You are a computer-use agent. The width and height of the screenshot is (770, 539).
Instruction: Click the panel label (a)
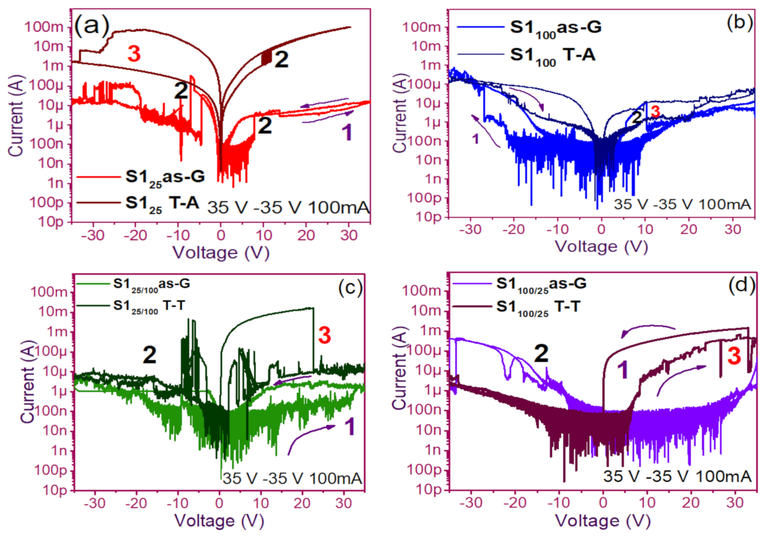pos(92,25)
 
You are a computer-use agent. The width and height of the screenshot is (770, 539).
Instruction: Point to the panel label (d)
pos(742,285)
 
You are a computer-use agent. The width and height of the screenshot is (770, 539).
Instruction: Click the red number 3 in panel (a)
pos(133,54)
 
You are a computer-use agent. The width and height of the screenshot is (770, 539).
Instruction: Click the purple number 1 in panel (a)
pos(347,132)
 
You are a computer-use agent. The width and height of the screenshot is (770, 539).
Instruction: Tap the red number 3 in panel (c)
pos(324,335)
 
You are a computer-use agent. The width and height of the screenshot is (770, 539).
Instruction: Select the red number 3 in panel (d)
pos(734,356)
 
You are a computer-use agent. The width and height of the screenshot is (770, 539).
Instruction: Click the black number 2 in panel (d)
pos(541,354)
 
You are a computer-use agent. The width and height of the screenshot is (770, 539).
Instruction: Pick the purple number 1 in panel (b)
pos(475,139)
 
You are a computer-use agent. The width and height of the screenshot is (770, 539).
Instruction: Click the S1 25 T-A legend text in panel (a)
pos(162,204)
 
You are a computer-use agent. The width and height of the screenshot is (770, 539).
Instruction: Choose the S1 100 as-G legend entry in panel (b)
pos(555,28)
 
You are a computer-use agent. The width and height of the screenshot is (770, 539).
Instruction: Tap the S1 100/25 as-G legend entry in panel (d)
pos(541,284)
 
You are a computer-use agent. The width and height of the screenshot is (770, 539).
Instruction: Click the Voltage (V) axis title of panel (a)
pos(221,252)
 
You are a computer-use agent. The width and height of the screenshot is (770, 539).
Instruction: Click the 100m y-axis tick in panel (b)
pos(422,27)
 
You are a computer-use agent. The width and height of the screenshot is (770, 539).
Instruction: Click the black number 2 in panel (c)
pos(149,355)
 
